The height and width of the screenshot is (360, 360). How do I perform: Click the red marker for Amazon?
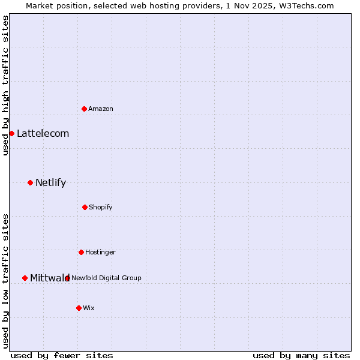point(84,109)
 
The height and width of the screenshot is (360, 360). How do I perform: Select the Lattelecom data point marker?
point(11,133)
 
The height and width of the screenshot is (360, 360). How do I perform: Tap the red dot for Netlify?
point(30,182)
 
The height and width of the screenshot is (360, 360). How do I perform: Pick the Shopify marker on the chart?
point(85,207)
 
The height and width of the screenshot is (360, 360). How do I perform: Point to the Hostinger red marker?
point(81,252)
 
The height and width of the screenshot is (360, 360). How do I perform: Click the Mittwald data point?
point(25,278)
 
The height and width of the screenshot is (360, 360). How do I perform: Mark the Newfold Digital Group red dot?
point(67,278)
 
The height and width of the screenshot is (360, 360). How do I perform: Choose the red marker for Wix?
point(79,308)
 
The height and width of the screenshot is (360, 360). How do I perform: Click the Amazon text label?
point(101,109)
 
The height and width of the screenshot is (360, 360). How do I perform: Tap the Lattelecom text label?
point(43,133)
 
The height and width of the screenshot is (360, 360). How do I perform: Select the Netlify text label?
point(50,182)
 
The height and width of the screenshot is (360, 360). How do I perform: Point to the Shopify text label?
point(101,207)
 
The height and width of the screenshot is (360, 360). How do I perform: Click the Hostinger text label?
point(100,252)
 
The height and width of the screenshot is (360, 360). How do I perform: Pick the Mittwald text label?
point(50,278)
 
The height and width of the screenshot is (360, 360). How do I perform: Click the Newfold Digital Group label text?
point(106,278)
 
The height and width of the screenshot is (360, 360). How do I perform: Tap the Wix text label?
point(89,308)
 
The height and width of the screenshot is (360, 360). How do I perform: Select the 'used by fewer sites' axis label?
point(62,355)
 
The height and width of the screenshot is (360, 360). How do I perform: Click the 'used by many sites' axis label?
point(301,355)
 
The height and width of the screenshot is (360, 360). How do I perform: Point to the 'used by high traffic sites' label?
point(5,85)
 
